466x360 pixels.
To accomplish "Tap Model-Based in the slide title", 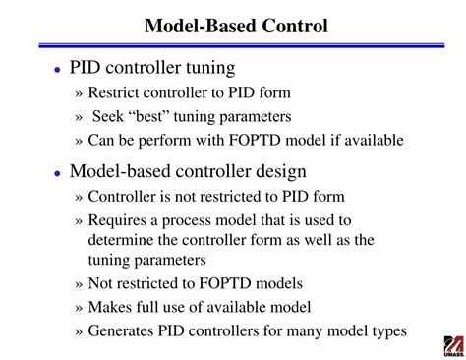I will point(198,24).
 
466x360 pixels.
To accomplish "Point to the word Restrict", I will point(115,94).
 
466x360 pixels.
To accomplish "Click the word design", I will point(281,171).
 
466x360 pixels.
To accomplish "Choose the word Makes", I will point(110,306).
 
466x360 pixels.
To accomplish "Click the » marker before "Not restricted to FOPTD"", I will point(80,283).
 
